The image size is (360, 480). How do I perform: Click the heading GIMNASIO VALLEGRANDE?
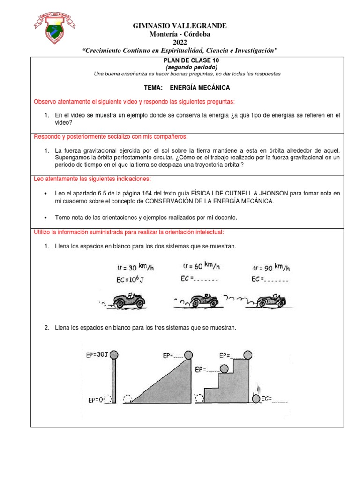(180, 25)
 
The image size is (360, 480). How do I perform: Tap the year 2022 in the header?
(180, 42)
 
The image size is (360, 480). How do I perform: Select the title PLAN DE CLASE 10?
(187, 60)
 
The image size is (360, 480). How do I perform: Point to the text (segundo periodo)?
(187, 67)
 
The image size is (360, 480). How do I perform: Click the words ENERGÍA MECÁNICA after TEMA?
(200, 88)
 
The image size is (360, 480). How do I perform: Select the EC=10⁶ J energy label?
(129, 280)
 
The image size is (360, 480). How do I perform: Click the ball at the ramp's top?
(188, 354)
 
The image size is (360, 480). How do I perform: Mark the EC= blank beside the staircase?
(274, 399)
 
